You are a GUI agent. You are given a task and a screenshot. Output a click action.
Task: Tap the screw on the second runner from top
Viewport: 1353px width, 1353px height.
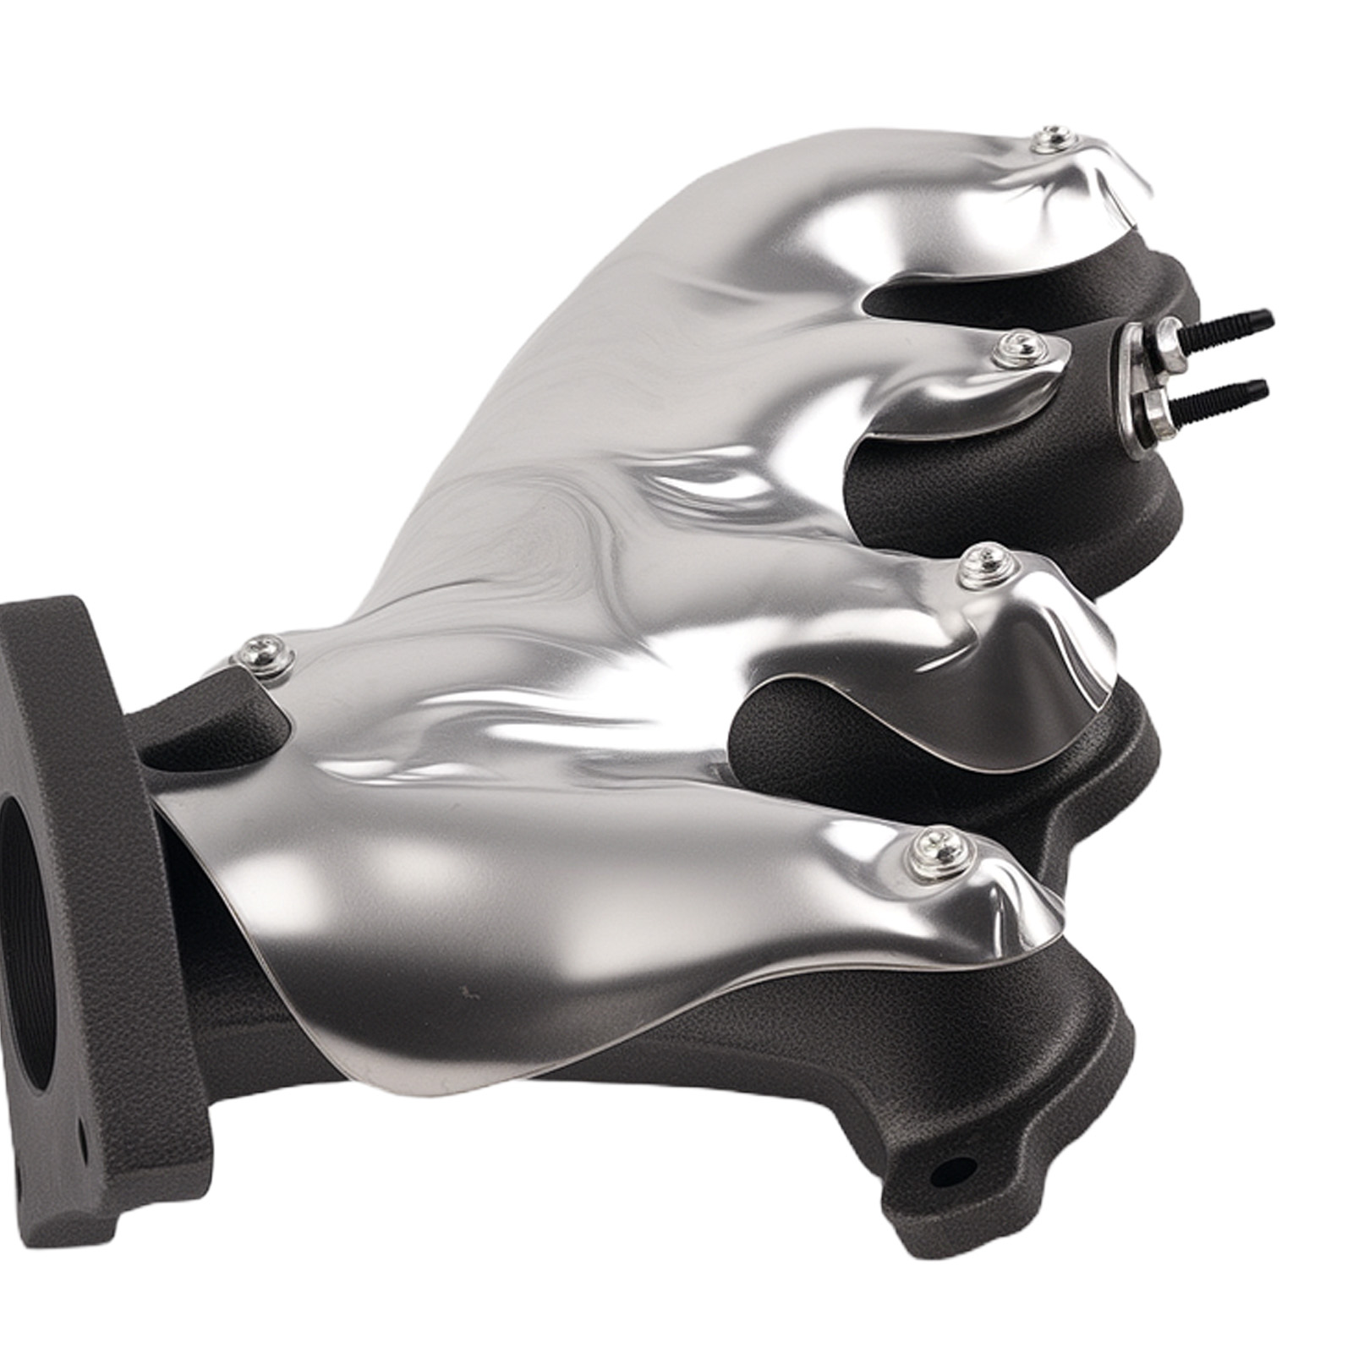1012,348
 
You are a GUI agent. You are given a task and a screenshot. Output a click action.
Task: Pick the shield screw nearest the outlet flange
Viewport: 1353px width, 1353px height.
262,655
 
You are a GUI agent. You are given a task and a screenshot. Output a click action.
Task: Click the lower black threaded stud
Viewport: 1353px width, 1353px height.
1226,392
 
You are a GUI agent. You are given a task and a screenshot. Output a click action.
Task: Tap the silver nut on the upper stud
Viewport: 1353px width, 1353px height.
1171,337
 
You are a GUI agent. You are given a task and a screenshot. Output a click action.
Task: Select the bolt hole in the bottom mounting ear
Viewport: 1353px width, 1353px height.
951,1170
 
